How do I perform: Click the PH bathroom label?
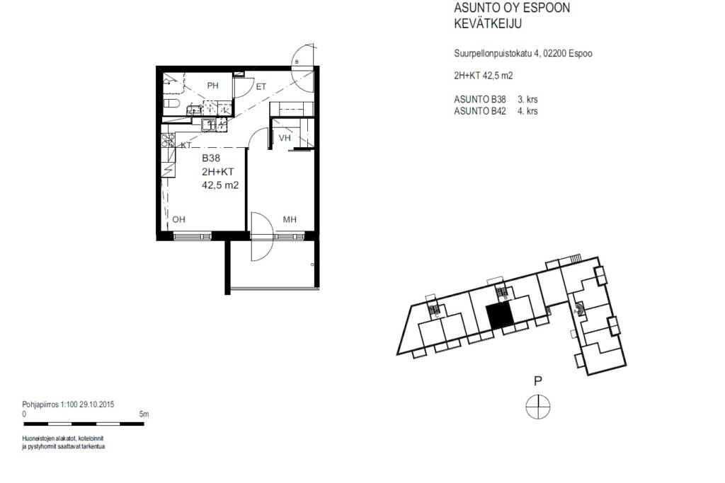point(212,86)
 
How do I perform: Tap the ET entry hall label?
point(261,86)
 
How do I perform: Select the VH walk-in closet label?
point(285,138)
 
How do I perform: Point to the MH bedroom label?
point(290,219)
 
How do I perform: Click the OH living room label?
point(179,219)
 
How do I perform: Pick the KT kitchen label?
point(186,145)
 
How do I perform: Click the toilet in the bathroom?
point(171,103)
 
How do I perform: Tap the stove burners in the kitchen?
point(168,140)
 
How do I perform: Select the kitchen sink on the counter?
point(209,124)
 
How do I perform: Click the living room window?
point(193,236)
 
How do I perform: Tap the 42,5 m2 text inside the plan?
point(221,185)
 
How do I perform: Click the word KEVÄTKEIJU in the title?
point(488,23)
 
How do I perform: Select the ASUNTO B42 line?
point(496,111)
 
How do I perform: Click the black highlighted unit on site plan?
point(499,317)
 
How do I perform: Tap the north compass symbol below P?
point(538,407)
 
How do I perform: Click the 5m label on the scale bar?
point(144,414)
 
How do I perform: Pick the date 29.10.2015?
point(96,405)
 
